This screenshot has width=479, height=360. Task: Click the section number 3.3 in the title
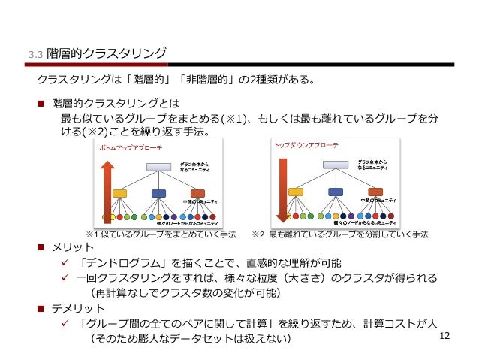tap(35, 54)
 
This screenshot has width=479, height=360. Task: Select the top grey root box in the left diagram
tap(158, 167)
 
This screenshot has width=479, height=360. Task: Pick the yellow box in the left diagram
tap(119, 193)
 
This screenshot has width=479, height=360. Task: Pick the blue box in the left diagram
tap(158, 193)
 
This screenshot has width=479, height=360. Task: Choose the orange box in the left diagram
tap(198, 193)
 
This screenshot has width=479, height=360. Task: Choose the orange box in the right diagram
tap(375, 192)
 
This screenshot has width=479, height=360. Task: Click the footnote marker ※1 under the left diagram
tap(93, 234)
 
